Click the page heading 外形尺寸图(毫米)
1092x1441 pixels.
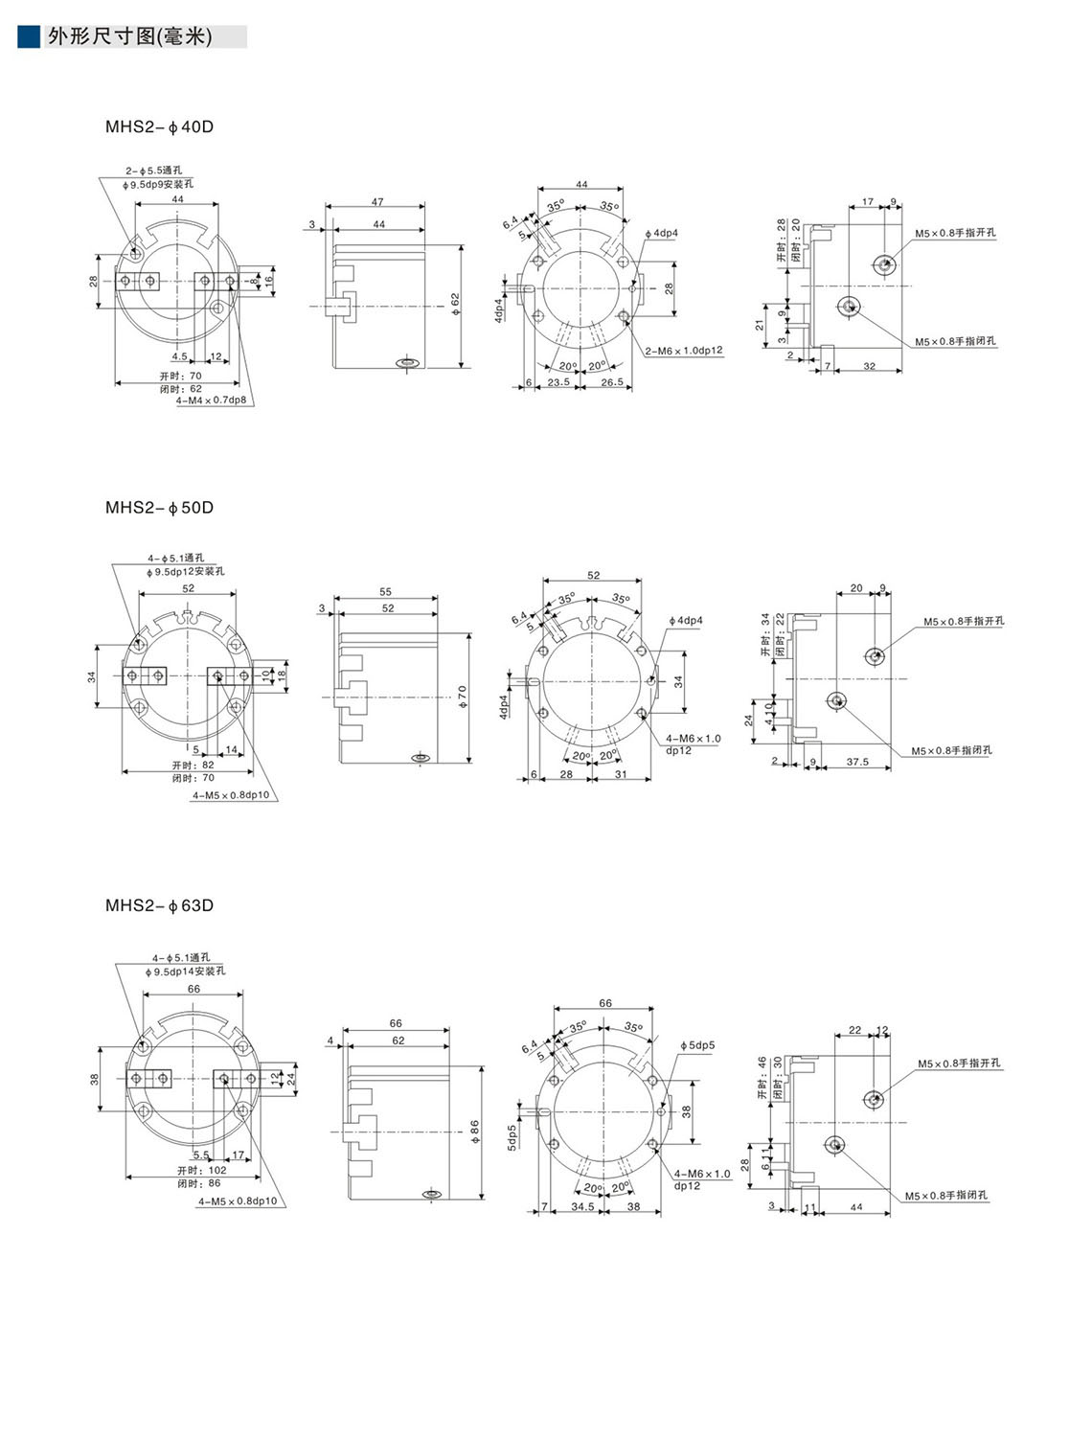coord(129,37)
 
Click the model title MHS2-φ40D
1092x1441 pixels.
coord(159,126)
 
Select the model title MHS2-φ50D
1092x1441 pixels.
coord(159,508)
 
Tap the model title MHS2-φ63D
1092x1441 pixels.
coord(159,905)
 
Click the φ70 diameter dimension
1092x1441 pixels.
coord(463,697)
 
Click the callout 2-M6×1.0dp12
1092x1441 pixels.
coord(684,351)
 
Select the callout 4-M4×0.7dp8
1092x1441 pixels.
coord(211,400)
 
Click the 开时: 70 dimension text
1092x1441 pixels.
coord(181,377)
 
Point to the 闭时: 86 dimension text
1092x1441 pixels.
coord(198,1183)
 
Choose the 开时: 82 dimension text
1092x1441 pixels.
coord(193,766)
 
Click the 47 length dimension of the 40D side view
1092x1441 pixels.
coord(377,202)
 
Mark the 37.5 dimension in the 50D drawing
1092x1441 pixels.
coord(857,762)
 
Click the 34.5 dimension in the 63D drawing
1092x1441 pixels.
coord(582,1206)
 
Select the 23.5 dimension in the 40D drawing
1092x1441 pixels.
coord(558,381)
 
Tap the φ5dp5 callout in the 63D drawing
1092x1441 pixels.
coord(698,1045)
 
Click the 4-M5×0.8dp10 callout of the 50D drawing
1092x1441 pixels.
coord(231,795)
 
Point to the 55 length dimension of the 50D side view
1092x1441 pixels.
coord(386,592)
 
